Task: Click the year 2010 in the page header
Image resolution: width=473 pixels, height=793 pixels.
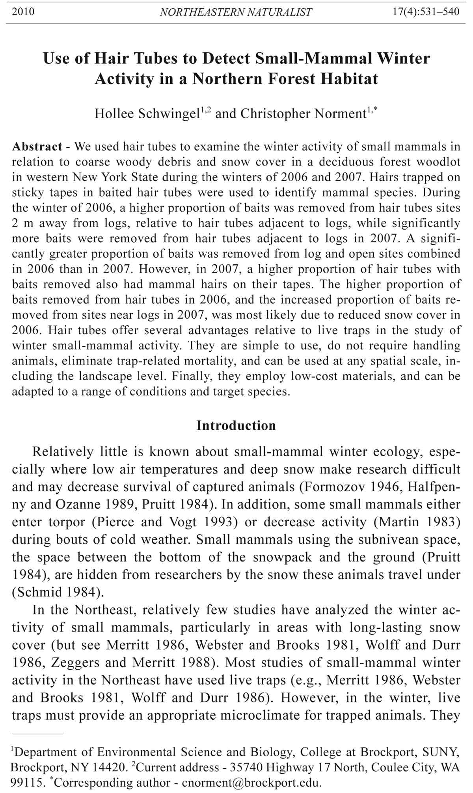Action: point(23,12)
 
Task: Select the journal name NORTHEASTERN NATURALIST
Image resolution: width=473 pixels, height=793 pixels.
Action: point(236,12)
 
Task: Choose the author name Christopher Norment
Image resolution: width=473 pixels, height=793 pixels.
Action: point(304,114)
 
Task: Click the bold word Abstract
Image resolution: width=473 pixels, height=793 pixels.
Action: point(37,147)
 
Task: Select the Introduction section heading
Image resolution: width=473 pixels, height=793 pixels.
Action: point(236,425)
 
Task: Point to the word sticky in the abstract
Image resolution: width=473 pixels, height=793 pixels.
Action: point(28,193)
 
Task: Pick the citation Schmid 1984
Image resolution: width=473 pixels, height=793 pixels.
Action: point(52,592)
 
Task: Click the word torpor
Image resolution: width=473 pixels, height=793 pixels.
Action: point(67,522)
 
